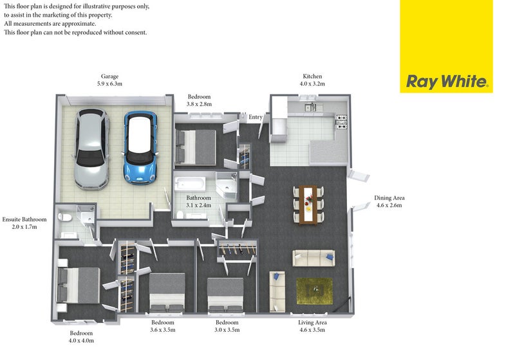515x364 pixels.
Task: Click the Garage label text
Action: (109, 77)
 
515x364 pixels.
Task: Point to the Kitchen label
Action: (312, 77)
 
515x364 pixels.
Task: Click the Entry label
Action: (256, 117)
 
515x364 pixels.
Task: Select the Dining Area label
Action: (389, 198)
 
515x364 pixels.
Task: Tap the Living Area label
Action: (312, 322)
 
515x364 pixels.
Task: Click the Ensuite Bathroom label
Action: (24, 219)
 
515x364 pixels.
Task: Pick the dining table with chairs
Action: (308, 205)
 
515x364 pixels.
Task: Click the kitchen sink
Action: (310, 107)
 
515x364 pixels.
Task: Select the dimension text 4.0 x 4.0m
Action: (81, 341)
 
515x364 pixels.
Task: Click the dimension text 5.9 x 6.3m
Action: (109, 84)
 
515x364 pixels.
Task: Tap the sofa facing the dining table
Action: (314, 258)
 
